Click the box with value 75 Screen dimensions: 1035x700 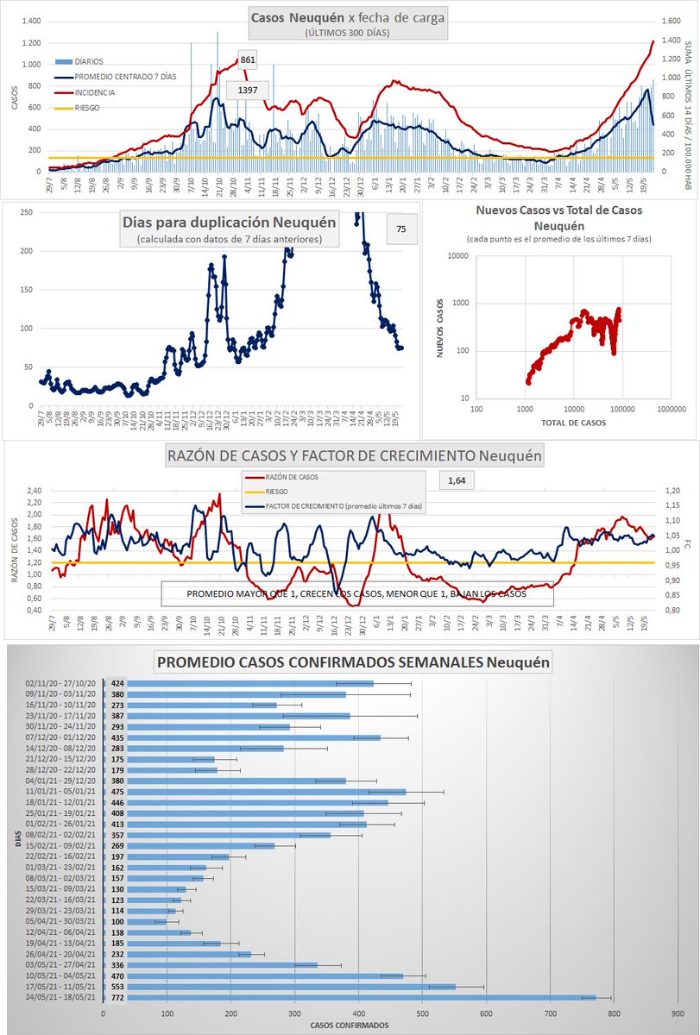(400, 229)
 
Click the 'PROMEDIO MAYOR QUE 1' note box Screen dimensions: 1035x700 (356, 593)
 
